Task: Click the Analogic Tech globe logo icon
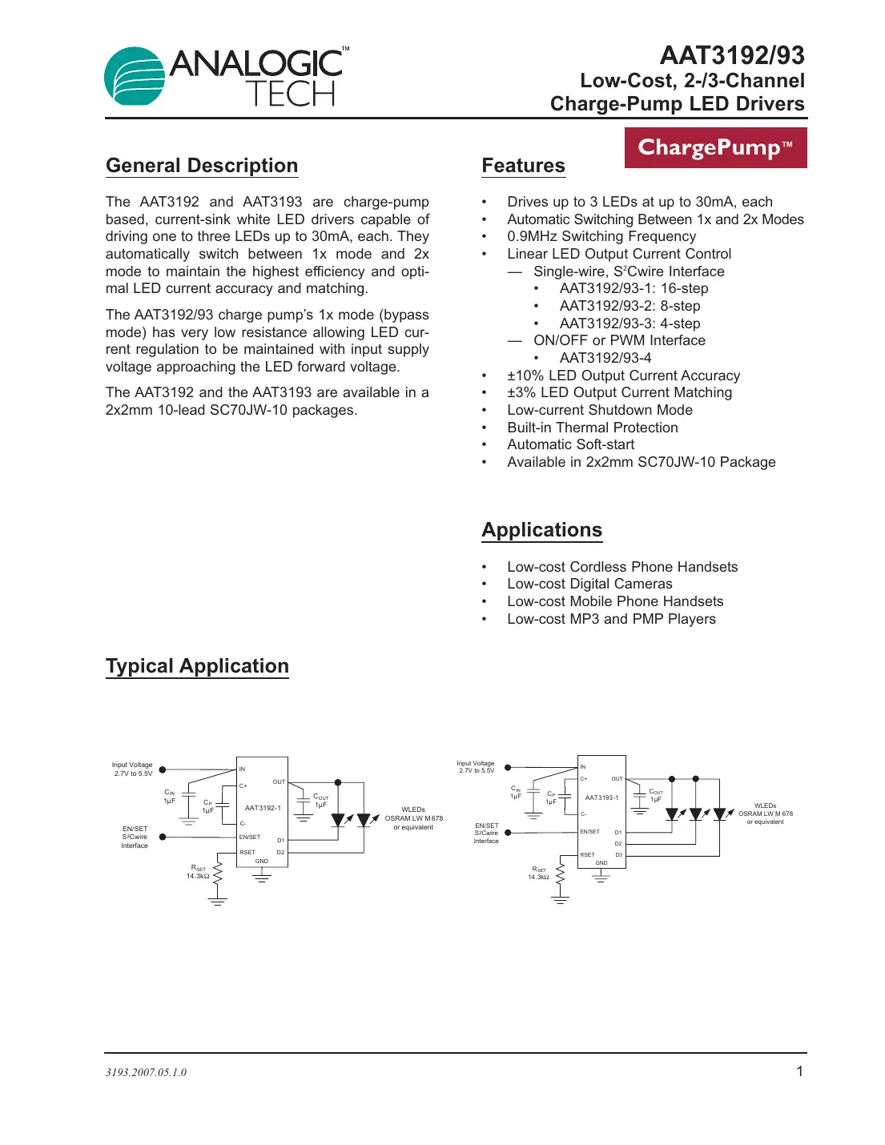135,76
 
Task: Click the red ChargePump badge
715,148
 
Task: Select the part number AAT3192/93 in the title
731,55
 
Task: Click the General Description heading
202,166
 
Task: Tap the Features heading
523,166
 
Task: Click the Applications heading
541,530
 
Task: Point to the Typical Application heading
197,666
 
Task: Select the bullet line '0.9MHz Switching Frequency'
601,236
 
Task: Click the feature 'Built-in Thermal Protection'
592,428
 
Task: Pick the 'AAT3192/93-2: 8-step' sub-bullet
630,306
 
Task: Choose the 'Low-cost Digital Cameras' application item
589,584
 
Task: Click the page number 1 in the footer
799,1071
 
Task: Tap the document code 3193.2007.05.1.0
146,1072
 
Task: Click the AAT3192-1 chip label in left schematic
263,808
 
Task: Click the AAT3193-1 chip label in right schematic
601,797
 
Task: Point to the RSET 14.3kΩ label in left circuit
198,872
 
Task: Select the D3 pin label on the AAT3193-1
618,855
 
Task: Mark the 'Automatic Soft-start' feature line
570,444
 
